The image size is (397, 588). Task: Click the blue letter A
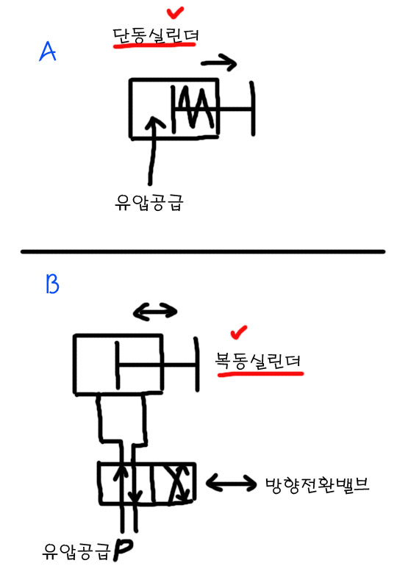tap(48, 51)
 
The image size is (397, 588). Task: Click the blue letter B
tap(52, 284)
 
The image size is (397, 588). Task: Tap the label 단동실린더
tap(155, 35)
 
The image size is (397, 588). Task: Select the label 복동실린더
tap(258, 361)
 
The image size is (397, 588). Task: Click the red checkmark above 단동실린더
tap(175, 13)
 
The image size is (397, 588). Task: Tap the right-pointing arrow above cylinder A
tap(219, 63)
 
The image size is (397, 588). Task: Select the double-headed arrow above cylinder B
tap(155, 312)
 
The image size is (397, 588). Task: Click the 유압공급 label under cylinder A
tap(149, 203)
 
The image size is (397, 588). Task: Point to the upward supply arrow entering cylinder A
tap(153, 150)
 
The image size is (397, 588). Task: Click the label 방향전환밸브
tap(318, 485)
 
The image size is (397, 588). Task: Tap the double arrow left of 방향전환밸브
tap(231, 482)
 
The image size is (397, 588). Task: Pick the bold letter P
tap(123, 550)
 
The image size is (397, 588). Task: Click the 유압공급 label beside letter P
tap(76, 551)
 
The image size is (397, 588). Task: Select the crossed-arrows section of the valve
tap(174, 483)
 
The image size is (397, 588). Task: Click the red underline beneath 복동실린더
tap(260, 373)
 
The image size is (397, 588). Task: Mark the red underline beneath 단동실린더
tap(154, 46)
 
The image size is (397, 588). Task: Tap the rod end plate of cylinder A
tap(253, 109)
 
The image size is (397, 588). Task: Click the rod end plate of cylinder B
tap(196, 364)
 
